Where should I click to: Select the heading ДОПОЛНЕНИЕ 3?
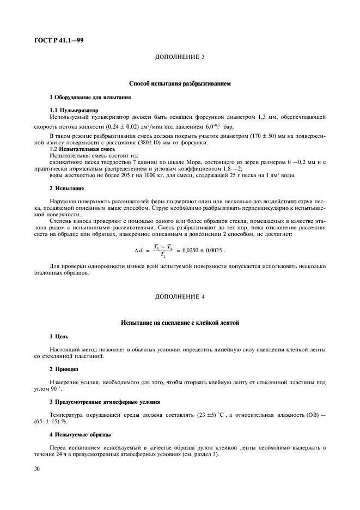coord(180,57)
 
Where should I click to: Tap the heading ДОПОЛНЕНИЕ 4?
coord(180,296)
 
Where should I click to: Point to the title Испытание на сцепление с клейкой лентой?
coord(180,323)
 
